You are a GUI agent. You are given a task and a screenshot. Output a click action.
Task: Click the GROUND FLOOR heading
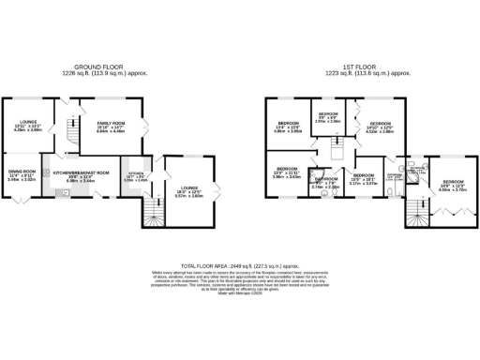101,67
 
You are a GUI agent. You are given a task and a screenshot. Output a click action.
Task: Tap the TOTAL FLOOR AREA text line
239,265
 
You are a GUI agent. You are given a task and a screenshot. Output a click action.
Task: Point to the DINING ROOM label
22,172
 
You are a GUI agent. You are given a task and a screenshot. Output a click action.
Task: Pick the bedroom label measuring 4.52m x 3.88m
379,127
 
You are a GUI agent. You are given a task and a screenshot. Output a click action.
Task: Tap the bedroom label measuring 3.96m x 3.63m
285,173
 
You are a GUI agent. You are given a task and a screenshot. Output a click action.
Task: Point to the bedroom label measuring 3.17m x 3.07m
363,180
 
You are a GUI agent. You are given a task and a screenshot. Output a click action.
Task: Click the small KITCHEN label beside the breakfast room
134,176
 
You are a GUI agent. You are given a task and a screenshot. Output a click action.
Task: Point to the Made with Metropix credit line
239,295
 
